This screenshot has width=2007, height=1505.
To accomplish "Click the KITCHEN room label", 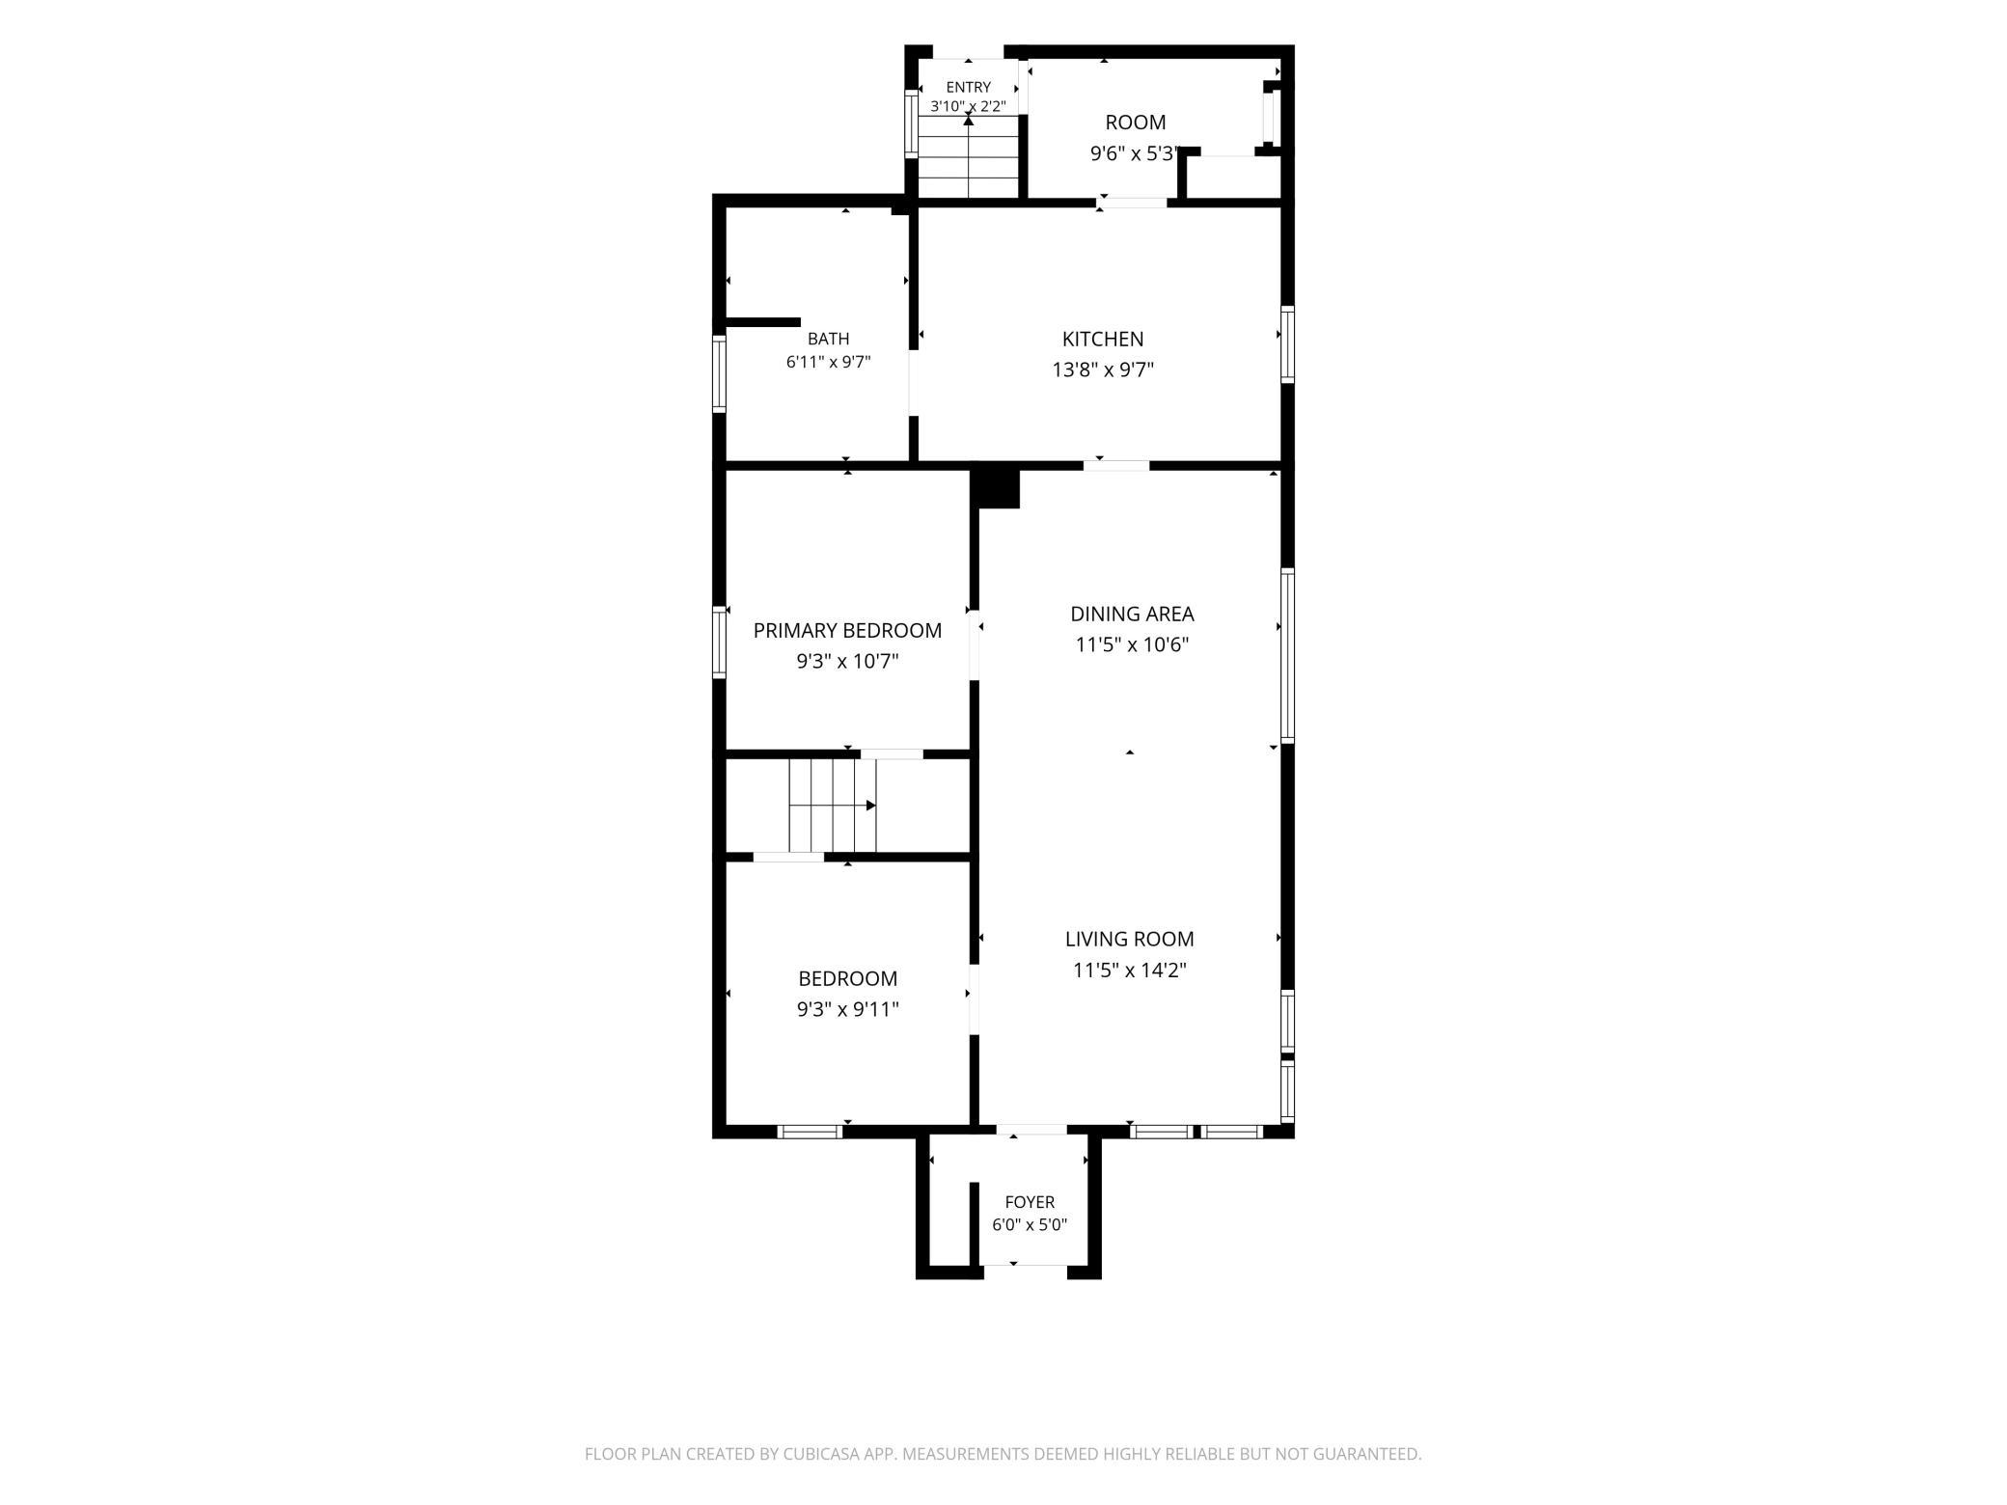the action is click(1103, 339).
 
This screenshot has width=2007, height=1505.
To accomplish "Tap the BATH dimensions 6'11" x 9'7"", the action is click(828, 362).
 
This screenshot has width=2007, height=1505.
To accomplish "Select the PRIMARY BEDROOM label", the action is click(847, 630).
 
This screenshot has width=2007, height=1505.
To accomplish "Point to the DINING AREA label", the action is click(1132, 614).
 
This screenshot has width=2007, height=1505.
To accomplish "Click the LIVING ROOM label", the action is click(1129, 939).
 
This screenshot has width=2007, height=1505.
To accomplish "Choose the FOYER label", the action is click(1030, 1202).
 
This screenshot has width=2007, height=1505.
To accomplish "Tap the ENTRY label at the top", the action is click(968, 87).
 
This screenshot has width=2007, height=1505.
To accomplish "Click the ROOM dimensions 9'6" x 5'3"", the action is click(1135, 153).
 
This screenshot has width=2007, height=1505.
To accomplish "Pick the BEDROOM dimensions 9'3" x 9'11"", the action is click(847, 1009).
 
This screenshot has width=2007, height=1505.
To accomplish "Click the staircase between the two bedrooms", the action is click(833, 806).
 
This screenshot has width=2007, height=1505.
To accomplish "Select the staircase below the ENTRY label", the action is click(968, 157).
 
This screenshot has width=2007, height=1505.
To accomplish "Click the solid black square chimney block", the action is click(995, 485).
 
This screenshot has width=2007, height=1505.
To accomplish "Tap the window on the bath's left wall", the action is click(719, 373).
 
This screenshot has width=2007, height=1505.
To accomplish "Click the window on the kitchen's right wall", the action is click(1287, 344).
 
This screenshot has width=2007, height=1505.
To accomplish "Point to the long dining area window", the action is click(1287, 656).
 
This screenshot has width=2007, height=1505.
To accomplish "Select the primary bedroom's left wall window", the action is click(719, 642).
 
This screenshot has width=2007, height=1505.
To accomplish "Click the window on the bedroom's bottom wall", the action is click(810, 1132).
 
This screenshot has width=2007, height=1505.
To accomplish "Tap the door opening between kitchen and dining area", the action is click(1116, 466).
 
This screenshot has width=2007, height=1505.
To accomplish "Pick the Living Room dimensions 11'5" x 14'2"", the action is click(1129, 970).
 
